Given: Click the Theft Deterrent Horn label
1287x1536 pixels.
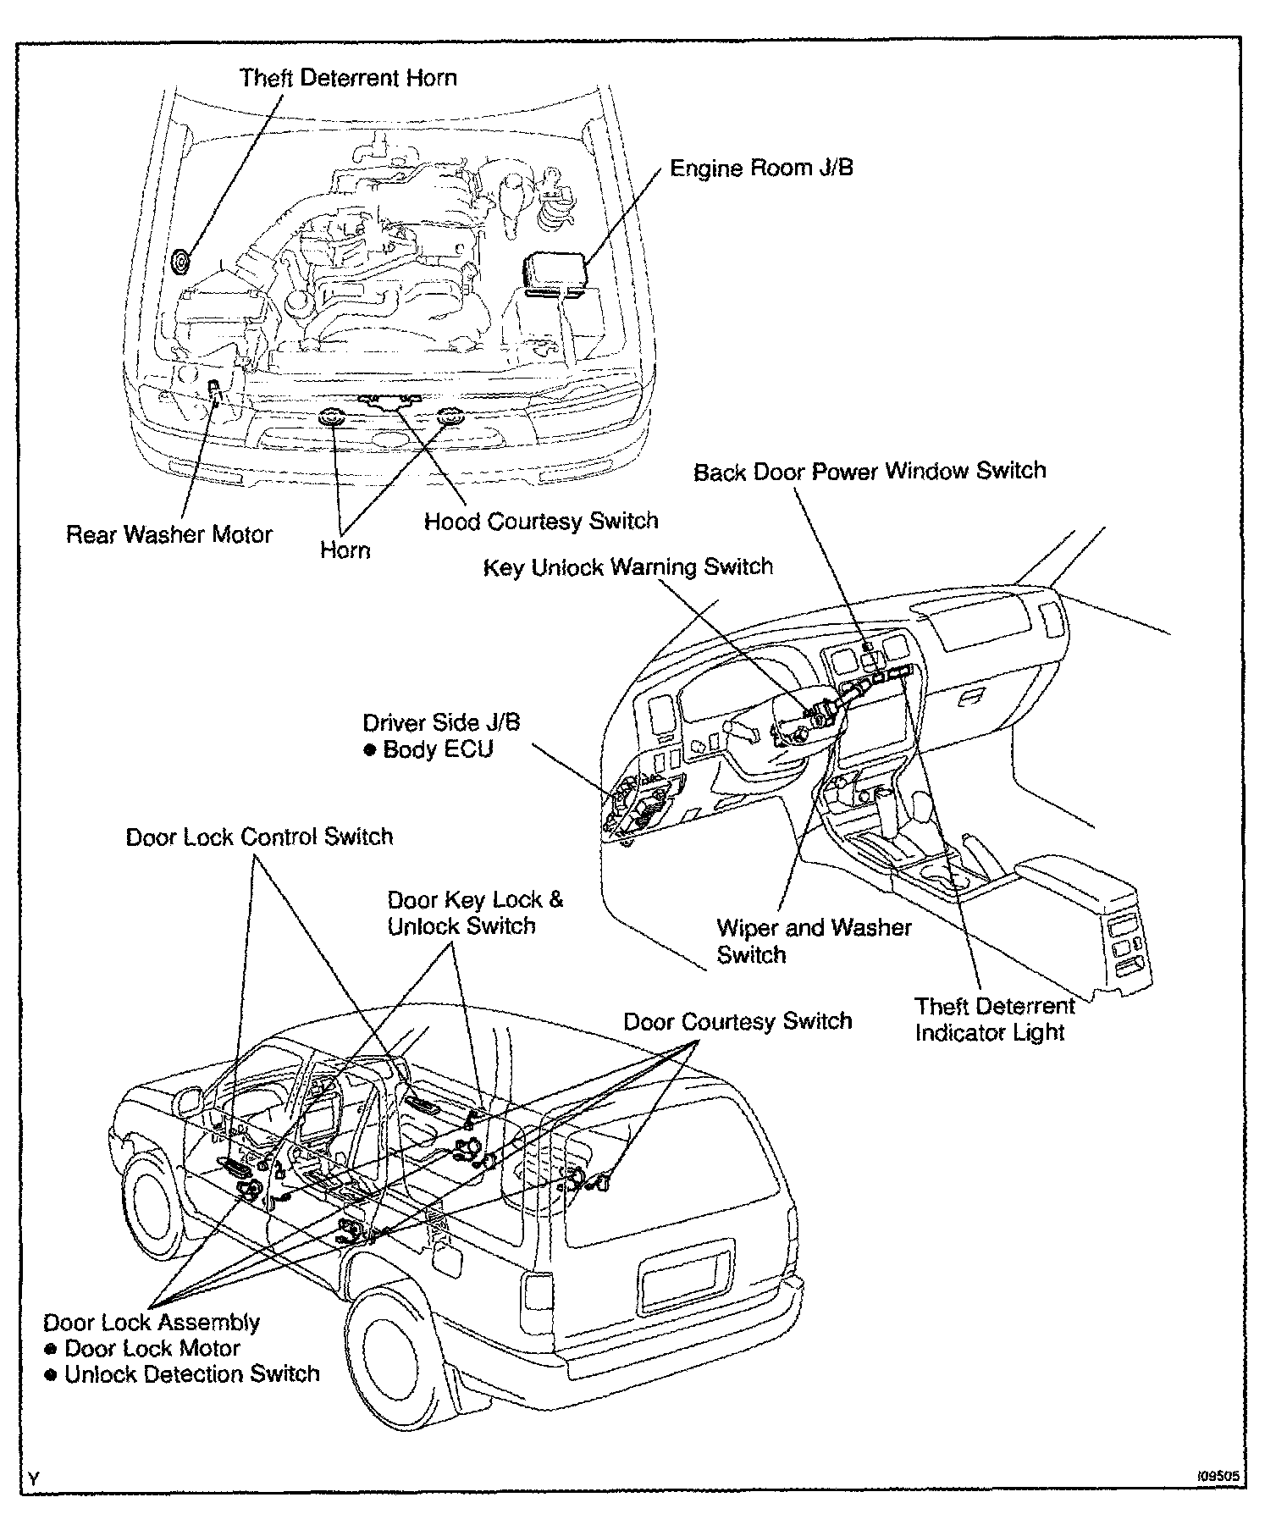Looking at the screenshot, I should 348,79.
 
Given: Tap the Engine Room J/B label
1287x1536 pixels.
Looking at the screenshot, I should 761,168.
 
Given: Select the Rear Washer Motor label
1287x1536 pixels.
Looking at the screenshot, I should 169,534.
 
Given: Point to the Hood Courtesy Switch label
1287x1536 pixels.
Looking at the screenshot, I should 541,520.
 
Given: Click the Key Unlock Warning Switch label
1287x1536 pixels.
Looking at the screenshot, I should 628,566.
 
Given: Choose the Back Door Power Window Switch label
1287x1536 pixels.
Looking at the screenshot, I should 870,471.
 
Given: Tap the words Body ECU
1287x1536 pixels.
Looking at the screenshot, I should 438,749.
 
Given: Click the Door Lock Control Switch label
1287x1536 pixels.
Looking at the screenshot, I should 259,837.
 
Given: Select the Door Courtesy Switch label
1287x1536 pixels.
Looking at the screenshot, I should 737,1021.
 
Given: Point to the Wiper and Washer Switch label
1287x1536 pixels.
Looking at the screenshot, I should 813,941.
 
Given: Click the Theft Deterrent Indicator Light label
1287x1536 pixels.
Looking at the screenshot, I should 994,1019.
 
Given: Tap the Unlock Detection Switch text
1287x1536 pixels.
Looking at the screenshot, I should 192,1373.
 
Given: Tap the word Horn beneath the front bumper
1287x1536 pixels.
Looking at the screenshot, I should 345,550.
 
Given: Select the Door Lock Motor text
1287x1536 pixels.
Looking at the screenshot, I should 152,1348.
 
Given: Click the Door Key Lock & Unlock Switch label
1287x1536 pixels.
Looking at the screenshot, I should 474,913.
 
